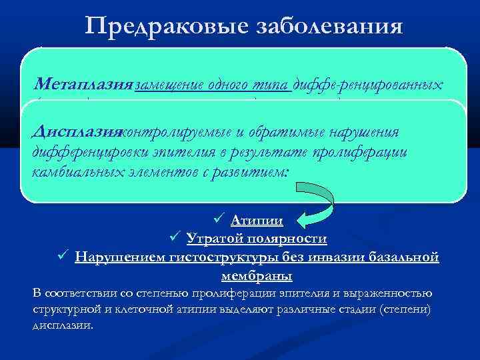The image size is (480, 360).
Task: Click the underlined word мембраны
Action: pos(256,274)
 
